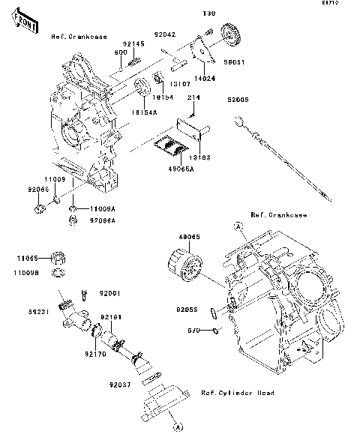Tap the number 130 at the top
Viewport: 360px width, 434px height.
click(x=208, y=13)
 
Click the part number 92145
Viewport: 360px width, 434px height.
click(x=133, y=44)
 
